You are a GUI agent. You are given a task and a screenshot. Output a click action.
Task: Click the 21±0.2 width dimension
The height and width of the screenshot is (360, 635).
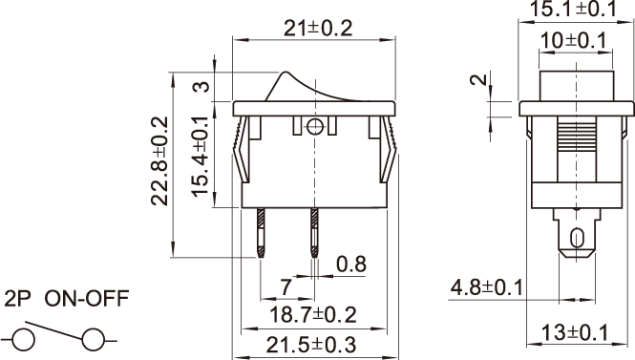point(318,29)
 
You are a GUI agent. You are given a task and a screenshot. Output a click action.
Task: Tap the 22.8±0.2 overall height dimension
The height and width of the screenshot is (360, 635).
point(159,160)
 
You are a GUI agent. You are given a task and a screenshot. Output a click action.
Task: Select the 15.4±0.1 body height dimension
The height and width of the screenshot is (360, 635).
point(201,157)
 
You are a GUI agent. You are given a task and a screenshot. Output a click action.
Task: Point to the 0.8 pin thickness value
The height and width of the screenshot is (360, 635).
point(351,264)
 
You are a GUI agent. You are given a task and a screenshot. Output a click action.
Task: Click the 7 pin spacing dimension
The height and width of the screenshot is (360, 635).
point(286,287)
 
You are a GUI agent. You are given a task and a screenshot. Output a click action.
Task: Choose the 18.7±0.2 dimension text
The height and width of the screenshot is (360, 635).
point(313,315)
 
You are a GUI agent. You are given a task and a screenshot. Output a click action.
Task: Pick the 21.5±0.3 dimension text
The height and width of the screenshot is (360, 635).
point(311,345)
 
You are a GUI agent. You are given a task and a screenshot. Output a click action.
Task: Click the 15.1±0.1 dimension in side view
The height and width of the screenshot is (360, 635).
point(573,9)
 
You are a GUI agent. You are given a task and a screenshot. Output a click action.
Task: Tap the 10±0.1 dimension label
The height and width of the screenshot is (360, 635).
point(574,40)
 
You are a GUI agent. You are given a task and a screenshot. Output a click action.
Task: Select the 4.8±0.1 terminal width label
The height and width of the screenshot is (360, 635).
point(487,288)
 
